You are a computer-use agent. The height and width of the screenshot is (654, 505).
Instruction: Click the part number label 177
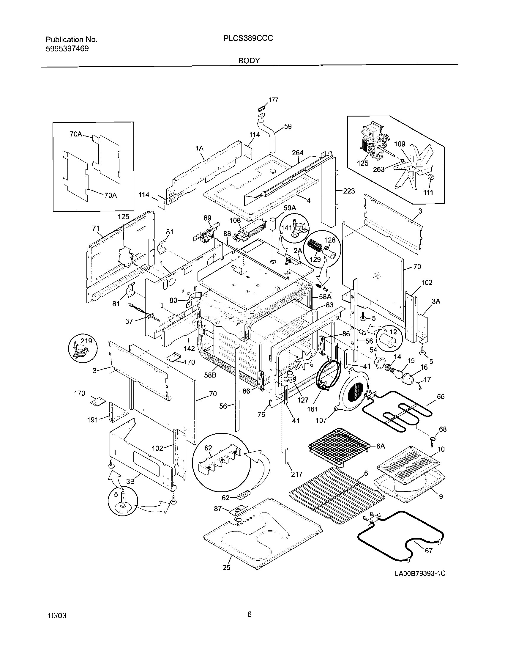(x=273, y=100)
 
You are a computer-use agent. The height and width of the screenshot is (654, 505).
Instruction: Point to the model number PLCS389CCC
(x=248, y=38)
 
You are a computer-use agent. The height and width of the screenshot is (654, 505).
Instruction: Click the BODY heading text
(x=249, y=61)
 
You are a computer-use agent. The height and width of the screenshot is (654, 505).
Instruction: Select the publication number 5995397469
(x=67, y=49)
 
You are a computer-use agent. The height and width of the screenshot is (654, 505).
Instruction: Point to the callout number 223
(x=349, y=191)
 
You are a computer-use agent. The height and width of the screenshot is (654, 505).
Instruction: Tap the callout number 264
(x=298, y=153)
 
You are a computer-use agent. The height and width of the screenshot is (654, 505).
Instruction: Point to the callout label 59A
(x=289, y=208)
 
